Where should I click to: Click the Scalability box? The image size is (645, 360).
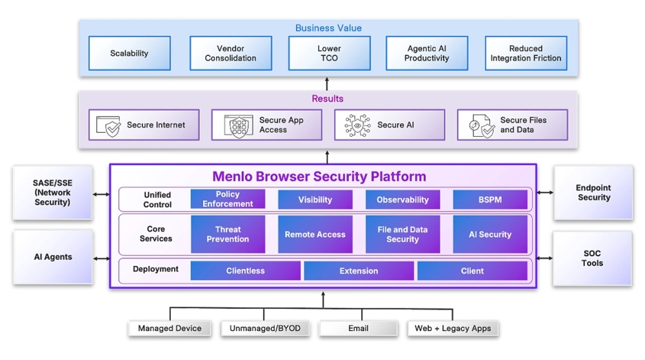pos(130,53)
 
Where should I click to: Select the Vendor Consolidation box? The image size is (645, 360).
pos(231,53)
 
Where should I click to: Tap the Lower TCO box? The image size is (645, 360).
pos(330,53)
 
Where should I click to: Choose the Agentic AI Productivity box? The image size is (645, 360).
pos(427,53)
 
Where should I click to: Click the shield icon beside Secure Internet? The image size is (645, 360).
pos(108,126)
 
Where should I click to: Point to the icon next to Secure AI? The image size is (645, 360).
pos(357,125)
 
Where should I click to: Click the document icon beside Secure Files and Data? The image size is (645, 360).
pos(482,126)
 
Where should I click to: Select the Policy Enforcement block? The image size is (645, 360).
pos(228,199)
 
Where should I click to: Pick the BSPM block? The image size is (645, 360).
pos(490,199)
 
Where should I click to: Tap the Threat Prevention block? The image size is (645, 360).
pos(228,234)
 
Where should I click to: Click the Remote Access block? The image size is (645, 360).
pos(315,234)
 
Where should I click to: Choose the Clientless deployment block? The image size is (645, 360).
pos(246,271)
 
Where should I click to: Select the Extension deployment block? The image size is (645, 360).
pos(359,271)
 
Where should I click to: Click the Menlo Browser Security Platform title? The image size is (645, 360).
pos(319,177)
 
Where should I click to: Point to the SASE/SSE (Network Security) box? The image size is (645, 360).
pos(53,192)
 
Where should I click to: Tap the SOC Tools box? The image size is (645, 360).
pos(592,258)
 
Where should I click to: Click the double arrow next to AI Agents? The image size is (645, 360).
pos(102,259)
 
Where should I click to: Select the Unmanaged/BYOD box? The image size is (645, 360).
pos(265,328)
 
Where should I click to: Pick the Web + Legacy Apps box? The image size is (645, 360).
pos(453,328)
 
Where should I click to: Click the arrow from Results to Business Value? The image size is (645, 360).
pos(327,84)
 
